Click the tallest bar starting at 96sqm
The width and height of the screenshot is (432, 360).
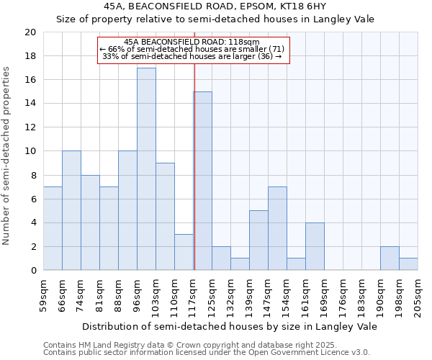coord(146,169)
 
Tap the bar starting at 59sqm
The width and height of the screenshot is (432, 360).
coord(53,228)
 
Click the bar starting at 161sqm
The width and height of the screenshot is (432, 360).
coord(315,246)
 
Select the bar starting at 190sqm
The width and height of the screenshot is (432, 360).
coord(390,258)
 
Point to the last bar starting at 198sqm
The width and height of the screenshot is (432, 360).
coord(408,264)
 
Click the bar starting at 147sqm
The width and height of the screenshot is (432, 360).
coord(277,228)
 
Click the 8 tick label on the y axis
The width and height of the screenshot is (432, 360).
coord(32,175)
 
